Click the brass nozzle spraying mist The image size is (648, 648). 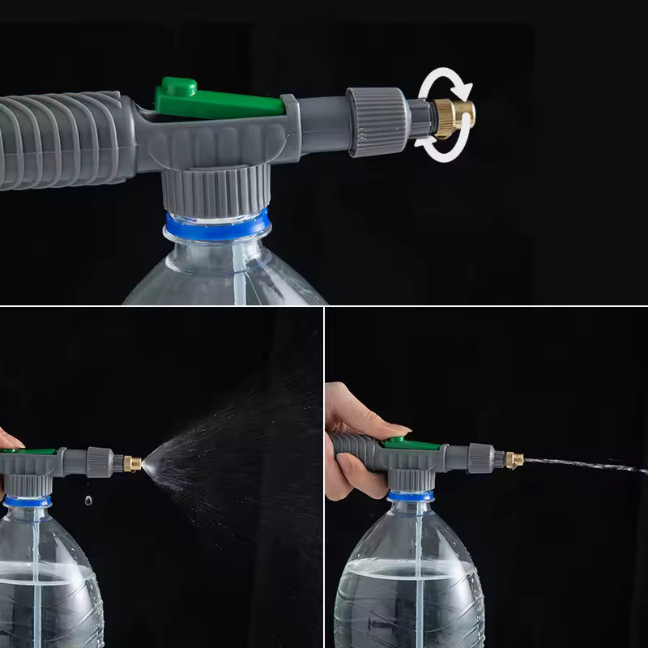[132, 464]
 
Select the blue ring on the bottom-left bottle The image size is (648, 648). [28, 501]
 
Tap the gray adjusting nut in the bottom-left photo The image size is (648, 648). [100, 462]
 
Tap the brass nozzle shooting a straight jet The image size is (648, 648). [514, 460]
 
